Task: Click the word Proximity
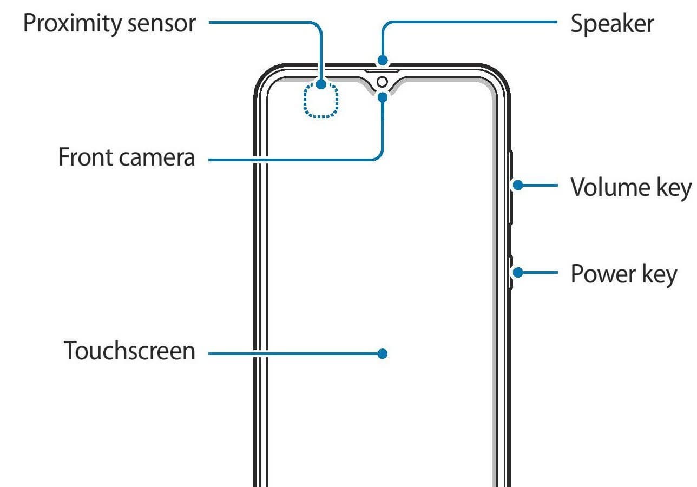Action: (x=73, y=24)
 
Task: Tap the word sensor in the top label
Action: (x=162, y=24)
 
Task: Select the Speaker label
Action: (x=613, y=24)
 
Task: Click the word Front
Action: (x=85, y=157)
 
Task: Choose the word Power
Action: (x=603, y=274)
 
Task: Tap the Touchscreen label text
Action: (x=129, y=351)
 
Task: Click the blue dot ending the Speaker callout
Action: (x=383, y=60)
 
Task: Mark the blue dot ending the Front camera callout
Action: (x=383, y=97)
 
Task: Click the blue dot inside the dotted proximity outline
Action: (x=321, y=84)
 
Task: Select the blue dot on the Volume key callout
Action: (x=518, y=185)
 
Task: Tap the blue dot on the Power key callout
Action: (x=518, y=273)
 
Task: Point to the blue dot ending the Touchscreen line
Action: (x=383, y=353)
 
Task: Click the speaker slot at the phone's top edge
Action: (x=382, y=71)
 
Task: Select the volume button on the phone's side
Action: (x=511, y=187)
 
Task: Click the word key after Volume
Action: (x=674, y=188)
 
